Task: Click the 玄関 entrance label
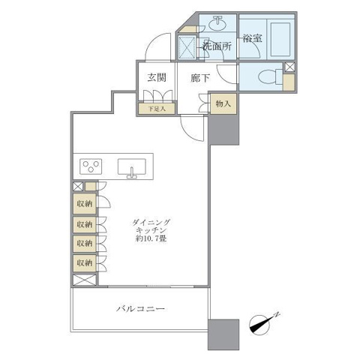[157, 77]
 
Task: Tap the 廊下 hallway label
[200, 78]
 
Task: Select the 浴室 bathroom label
[253, 38]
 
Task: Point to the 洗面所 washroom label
[217, 46]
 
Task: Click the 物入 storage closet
[223, 103]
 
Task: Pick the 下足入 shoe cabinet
[157, 109]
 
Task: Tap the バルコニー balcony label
[140, 309]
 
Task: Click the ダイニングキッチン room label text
[151, 226]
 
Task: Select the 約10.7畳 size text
[151, 238]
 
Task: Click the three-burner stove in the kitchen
[91, 166]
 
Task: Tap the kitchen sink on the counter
[132, 168]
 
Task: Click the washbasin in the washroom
[217, 23]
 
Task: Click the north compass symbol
[263, 323]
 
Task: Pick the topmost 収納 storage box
[85, 204]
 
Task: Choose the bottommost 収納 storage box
[85, 263]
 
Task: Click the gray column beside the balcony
[223, 334]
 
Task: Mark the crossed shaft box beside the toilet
[290, 67]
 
